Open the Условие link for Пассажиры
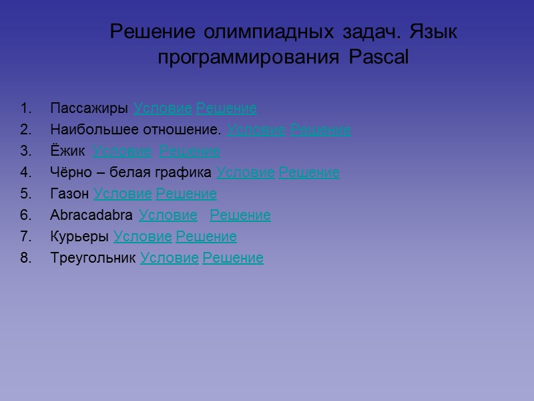coord(163,108)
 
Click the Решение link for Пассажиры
coord(226,108)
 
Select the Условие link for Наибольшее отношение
coord(256,130)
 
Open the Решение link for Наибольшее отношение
coord(320,130)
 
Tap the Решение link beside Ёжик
coord(190,151)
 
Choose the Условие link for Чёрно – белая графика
coord(246,172)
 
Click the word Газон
coord(69,194)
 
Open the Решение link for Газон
coord(186,194)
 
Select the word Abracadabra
coord(91,215)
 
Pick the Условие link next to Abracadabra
coord(168,215)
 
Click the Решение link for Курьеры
coord(206,237)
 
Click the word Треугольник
coord(93,258)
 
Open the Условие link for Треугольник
coord(170,258)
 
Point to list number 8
coord(25,258)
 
